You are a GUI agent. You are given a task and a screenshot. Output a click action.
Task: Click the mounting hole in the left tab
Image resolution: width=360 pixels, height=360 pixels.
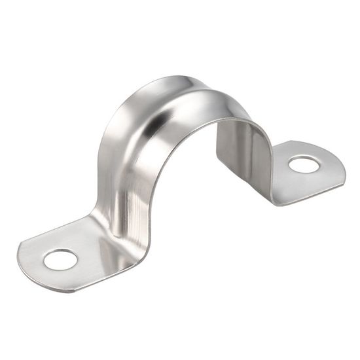60,259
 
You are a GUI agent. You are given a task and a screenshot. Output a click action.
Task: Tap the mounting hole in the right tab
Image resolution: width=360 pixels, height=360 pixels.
304,164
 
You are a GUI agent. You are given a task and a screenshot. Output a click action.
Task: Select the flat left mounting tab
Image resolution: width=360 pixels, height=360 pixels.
72,255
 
